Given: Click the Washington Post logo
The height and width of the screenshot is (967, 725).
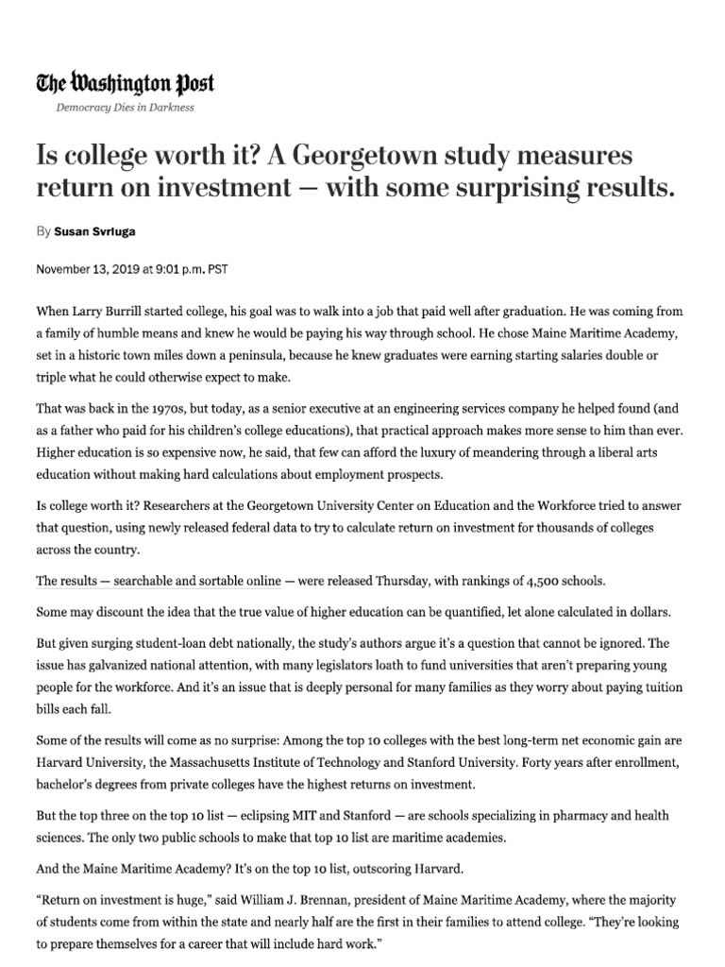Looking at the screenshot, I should coord(126,85).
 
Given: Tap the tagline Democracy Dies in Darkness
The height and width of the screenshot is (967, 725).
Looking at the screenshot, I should coord(126,108).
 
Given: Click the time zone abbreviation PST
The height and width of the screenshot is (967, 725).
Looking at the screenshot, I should coord(217,269).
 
